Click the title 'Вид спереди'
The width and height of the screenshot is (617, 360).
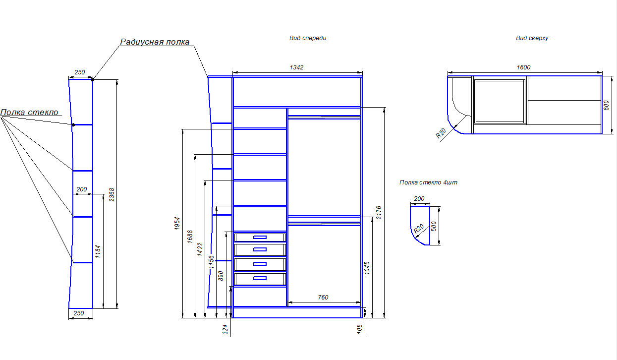(x=308, y=38)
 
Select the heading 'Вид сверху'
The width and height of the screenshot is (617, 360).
(x=532, y=38)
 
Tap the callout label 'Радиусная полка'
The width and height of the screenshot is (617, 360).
(x=155, y=42)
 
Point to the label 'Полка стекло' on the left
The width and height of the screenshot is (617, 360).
(x=29, y=112)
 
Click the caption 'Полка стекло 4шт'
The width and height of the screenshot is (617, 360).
(x=428, y=182)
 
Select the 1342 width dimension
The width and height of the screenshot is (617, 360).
(x=297, y=67)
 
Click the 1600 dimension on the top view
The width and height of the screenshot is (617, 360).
(x=523, y=67)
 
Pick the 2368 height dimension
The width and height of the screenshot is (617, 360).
(x=112, y=194)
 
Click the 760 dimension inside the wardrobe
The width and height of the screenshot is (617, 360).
(x=323, y=298)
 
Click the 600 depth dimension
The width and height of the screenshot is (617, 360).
(x=605, y=106)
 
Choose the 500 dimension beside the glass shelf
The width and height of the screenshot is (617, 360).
(x=435, y=226)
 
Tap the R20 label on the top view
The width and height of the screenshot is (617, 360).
(x=441, y=133)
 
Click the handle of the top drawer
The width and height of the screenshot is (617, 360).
(x=260, y=238)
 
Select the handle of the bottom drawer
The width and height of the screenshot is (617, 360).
(x=260, y=278)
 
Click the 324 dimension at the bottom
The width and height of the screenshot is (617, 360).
(x=225, y=328)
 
